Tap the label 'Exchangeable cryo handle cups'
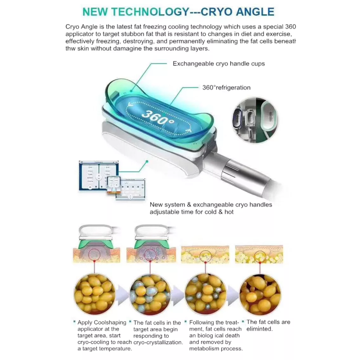click(219, 64)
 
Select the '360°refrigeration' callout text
click(226, 87)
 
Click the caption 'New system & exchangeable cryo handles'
click(211, 204)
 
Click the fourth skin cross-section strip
click(260, 254)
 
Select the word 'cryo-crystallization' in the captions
click(158, 342)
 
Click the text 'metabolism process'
click(216, 348)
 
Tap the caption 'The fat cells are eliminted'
click(268, 325)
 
